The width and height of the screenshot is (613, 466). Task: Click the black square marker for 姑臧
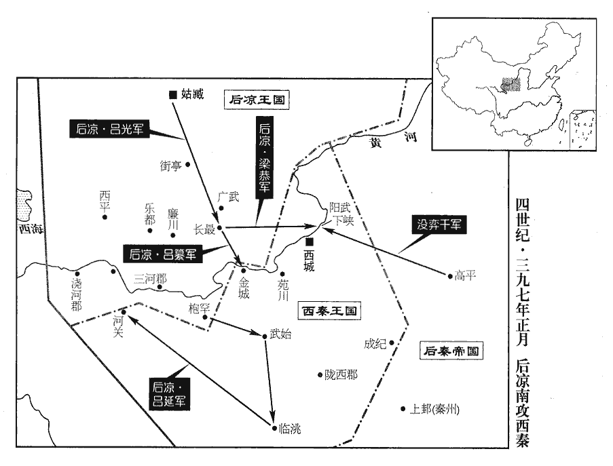click(173, 94)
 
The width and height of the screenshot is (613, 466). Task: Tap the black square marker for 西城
click(310, 241)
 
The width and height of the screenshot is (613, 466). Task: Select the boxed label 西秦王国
click(329, 311)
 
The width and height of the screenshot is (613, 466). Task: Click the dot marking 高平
click(449, 276)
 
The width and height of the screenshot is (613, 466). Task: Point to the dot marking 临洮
click(273, 427)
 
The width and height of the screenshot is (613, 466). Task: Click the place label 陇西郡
click(341, 374)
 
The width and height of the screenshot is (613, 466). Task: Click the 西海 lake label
click(30, 229)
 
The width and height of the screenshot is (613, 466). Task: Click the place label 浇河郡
click(76, 294)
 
